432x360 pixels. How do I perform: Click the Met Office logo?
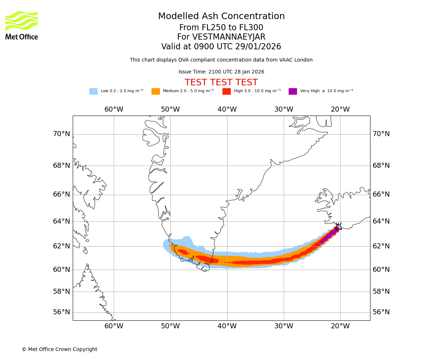pyautogui.click(x=22, y=25)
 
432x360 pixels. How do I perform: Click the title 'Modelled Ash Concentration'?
pyautogui.click(x=221, y=17)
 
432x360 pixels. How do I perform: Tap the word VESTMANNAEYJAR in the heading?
pyautogui.click(x=229, y=37)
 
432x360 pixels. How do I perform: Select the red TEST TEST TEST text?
pyautogui.click(x=221, y=83)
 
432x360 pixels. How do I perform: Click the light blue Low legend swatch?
pyautogui.click(x=93, y=91)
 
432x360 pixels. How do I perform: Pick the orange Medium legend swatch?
pyautogui.click(x=156, y=91)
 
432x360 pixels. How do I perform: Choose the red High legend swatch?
pyautogui.click(x=226, y=91)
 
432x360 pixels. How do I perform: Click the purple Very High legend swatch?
pyautogui.click(x=293, y=91)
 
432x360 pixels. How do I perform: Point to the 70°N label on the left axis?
pyautogui.click(x=62, y=134)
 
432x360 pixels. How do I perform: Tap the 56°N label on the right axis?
pyautogui.click(x=381, y=312)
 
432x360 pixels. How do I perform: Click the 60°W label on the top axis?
pyautogui.click(x=114, y=109)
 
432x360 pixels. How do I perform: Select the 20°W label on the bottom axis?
pyautogui.click(x=340, y=326)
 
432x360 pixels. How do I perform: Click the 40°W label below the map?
pyautogui.click(x=227, y=326)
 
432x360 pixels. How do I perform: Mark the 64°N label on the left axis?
pyautogui.click(x=62, y=221)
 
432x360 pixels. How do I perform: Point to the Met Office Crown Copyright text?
pyautogui.click(x=59, y=350)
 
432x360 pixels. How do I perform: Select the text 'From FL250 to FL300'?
pyautogui.click(x=221, y=28)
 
